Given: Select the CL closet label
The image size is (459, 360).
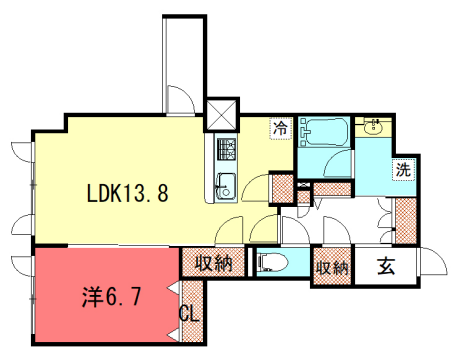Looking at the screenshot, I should point(188,312).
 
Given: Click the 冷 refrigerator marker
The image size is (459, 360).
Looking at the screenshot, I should point(281,128).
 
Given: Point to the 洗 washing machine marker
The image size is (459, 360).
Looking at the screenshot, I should point(402,170).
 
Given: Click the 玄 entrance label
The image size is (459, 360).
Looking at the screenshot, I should point(385,266).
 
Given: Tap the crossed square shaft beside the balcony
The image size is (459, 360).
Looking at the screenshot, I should point(220,110).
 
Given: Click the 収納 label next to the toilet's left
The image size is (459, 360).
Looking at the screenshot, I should point(214,265).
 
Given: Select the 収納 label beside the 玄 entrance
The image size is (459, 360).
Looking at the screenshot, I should point(332,267).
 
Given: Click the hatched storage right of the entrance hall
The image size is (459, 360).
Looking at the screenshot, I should point(406,214).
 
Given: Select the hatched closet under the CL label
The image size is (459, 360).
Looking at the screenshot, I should point(191,336).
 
